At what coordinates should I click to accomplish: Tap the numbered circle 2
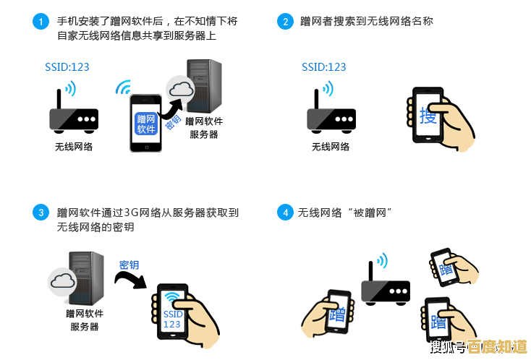[x=285, y=22]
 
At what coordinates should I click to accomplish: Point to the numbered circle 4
[x=285, y=213]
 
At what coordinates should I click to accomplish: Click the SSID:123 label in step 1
[x=67, y=67]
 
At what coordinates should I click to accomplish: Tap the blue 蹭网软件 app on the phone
[x=146, y=124]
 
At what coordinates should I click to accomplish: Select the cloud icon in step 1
[x=181, y=90]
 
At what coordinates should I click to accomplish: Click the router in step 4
[x=385, y=286]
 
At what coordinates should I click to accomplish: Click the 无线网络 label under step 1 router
[x=74, y=147]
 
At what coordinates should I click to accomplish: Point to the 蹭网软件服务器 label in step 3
[x=85, y=320]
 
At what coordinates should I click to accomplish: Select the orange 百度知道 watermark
[x=496, y=347]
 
